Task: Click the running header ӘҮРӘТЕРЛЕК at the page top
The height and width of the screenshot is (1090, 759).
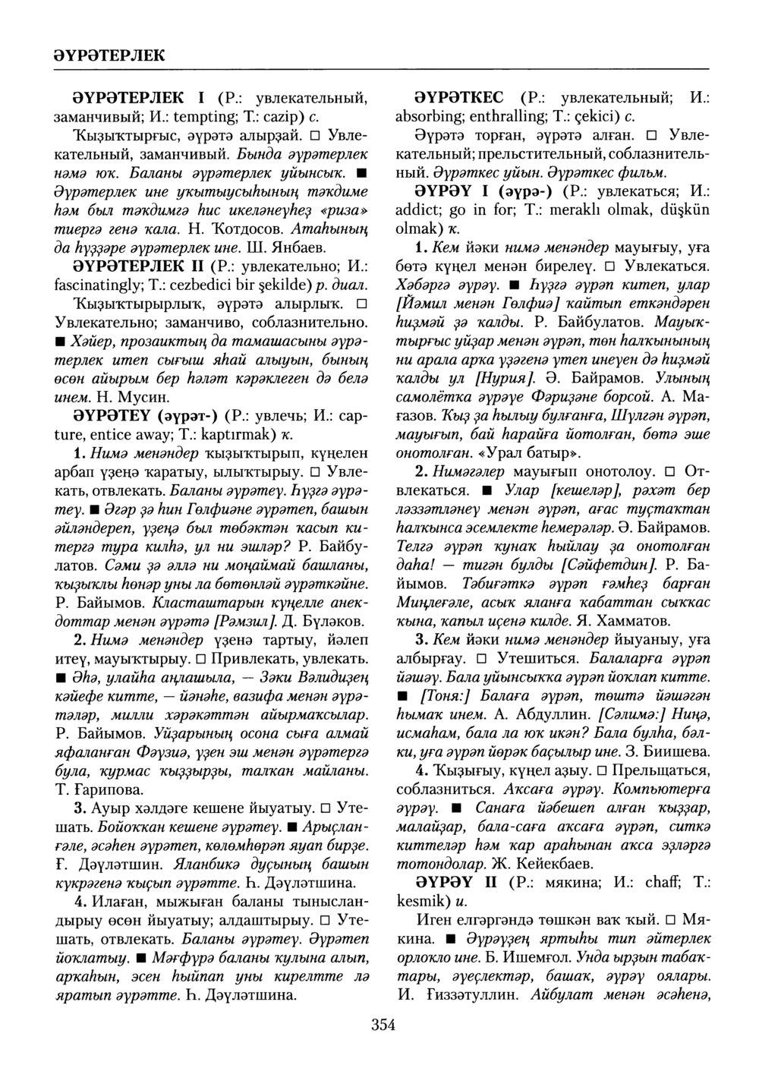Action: [x=109, y=54]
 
